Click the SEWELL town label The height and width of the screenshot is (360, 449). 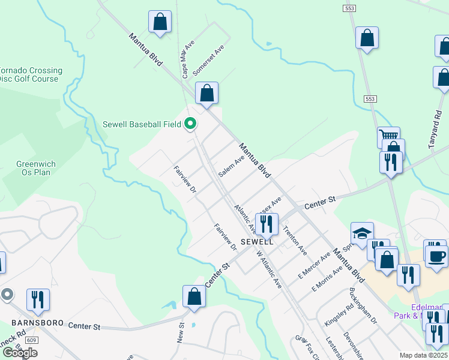[x=257, y=242]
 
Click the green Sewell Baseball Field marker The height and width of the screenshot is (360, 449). [x=190, y=124]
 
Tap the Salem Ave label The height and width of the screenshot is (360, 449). [x=231, y=166]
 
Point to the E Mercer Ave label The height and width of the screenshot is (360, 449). [x=315, y=265]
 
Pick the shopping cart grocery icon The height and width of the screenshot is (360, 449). [x=388, y=136]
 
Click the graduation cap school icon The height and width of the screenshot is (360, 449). [x=362, y=233]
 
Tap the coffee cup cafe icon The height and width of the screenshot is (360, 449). [x=436, y=256]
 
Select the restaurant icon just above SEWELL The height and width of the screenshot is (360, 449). [x=266, y=223]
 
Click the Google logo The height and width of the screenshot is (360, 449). [x=20, y=353]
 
